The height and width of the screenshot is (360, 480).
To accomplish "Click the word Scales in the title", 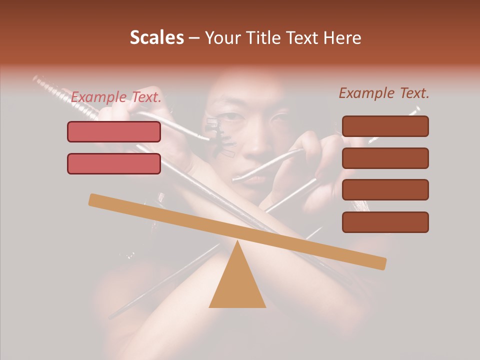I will coord(156,38).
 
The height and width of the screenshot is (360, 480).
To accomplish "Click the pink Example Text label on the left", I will coord(116,97).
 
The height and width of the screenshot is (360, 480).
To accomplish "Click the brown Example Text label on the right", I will coord(384,93).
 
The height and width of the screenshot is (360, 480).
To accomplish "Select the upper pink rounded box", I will coord(114,132).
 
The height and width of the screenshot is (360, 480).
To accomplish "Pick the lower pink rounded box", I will coord(114,163).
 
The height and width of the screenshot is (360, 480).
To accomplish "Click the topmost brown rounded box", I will coord(385,126).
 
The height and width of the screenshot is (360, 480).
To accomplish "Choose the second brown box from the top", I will coord(385,158).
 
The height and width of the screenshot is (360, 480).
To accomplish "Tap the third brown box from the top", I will coord(385,190).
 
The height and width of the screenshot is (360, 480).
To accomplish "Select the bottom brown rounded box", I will coord(385,222).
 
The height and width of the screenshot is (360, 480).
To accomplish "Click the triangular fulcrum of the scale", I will coord(237,282).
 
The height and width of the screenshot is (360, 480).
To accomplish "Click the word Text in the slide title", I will coord(298,38).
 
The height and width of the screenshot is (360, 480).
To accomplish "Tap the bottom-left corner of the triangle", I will coord(210,306).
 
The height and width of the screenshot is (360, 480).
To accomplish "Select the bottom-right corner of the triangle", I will coord(265,306).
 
